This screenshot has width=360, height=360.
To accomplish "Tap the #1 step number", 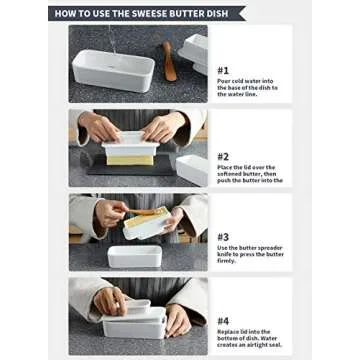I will tap(223, 70).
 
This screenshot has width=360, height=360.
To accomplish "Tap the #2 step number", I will tap(223, 156).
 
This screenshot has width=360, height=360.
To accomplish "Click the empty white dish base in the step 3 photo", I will tap(135, 254).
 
